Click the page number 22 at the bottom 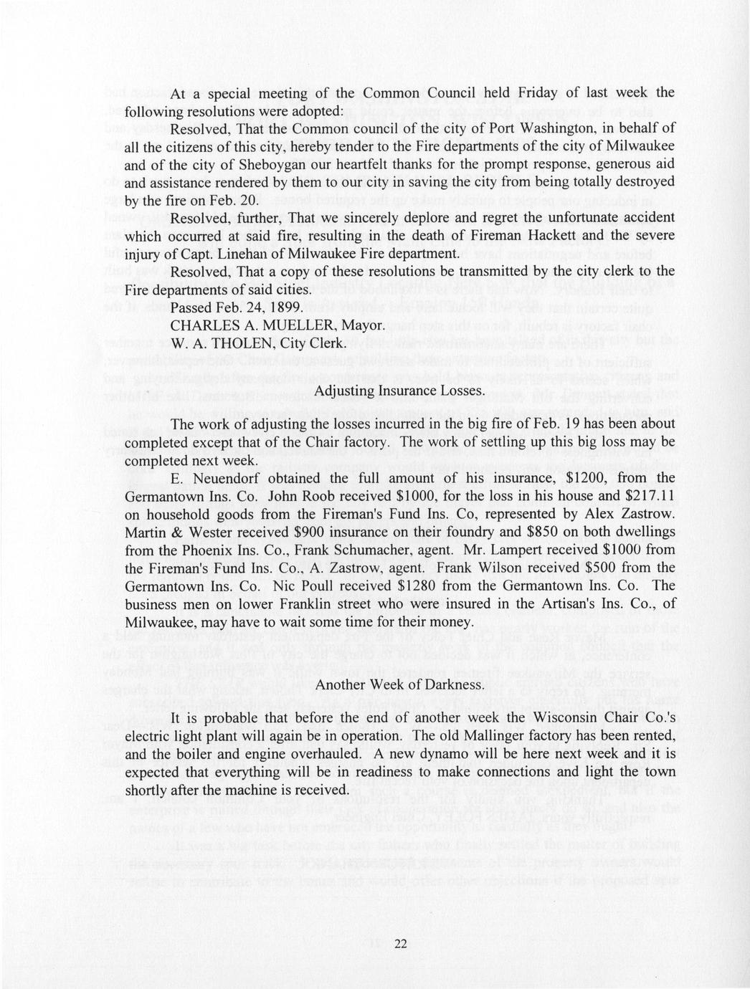tap(400, 943)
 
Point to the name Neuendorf tap(220, 478)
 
